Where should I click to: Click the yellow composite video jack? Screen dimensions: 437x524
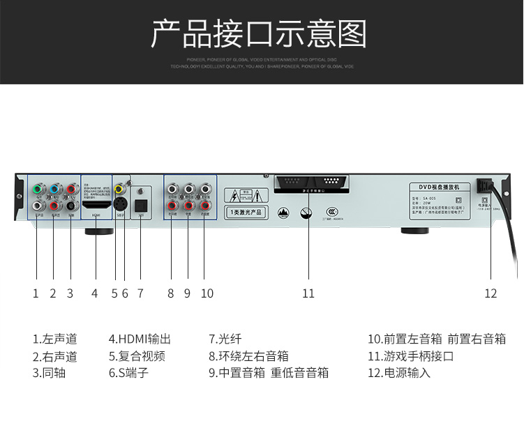coord(120,189)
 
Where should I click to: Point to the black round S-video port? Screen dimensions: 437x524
coord(120,205)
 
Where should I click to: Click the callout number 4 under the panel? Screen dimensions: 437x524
coord(94,293)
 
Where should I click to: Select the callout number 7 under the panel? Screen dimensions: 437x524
coord(140,293)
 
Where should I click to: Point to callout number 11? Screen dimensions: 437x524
coord(308,293)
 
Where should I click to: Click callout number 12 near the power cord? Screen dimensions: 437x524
coord(491,293)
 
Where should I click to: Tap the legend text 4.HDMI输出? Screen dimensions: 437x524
coord(140,339)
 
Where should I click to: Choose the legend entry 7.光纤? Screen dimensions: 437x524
coord(225,339)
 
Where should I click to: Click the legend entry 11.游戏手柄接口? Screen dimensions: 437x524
coord(411,356)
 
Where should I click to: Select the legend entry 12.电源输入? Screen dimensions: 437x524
coord(399,373)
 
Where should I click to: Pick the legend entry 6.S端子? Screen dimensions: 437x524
coord(128,373)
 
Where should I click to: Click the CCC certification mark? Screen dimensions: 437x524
coord(333,211)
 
